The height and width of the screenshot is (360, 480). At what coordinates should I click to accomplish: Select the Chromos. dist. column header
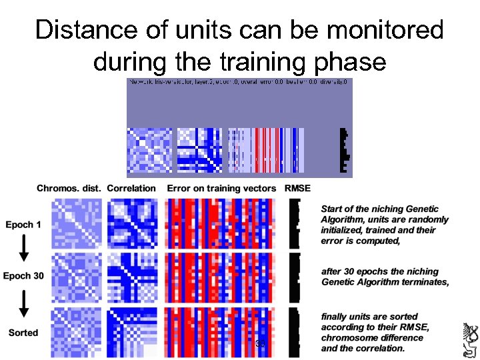coord(69,189)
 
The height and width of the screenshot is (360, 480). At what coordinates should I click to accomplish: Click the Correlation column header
coord(131,189)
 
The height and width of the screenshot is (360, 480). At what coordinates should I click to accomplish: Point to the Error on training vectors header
coord(221,189)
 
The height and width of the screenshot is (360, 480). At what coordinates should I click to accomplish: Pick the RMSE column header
coord(297,189)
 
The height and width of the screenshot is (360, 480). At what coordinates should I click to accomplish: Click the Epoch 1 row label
coord(23,225)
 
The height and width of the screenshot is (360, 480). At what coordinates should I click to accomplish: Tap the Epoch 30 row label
coord(23,276)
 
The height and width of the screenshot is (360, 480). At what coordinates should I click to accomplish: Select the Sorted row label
coord(23,333)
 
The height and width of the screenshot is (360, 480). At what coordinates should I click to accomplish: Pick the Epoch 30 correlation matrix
coord(133,275)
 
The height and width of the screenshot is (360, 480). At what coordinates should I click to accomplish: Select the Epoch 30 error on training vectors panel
coord(221,275)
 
